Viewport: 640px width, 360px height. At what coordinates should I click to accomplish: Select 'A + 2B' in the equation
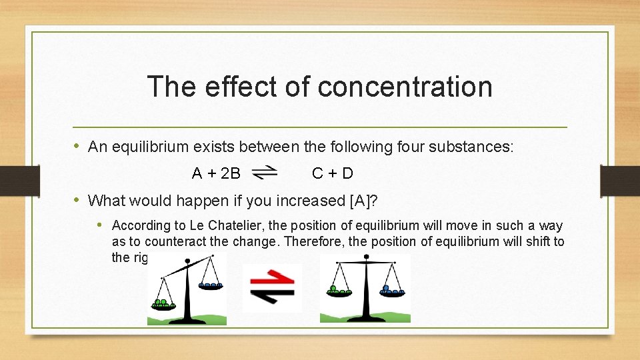click(216, 174)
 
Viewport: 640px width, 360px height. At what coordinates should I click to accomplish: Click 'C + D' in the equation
click(333, 174)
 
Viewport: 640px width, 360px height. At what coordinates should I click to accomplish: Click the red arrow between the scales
click(272, 278)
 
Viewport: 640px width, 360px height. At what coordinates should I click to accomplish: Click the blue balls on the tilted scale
click(210, 285)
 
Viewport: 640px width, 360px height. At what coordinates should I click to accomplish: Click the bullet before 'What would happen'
click(78, 200)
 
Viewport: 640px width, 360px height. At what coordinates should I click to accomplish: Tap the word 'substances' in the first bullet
click(476, 147)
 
